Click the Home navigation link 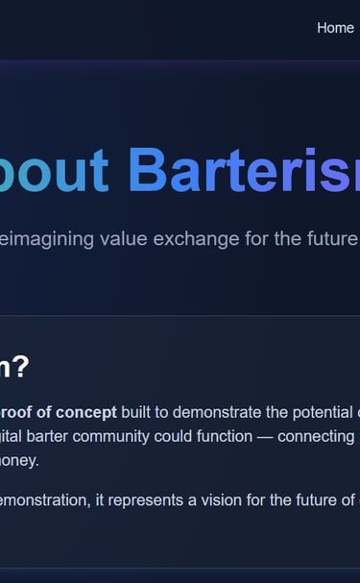click(x=335, y=28)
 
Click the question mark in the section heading click(x=20, y=366)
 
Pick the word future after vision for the click(x=313, y=499)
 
